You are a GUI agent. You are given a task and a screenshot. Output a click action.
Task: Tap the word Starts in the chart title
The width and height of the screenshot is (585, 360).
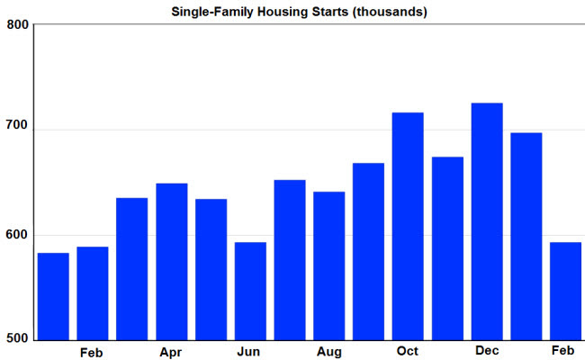coord(332,12)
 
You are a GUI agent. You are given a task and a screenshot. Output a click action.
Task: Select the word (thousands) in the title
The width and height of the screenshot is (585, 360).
coord(391,12)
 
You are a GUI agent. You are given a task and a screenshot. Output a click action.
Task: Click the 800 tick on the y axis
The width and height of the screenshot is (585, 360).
coord(17,24)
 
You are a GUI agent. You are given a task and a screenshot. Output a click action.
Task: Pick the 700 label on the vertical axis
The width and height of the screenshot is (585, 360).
coord(17,125)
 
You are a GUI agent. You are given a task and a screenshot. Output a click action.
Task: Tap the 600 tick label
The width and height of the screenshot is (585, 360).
coord(17,235)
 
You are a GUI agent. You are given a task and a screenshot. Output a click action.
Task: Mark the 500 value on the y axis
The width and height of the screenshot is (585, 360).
coord(17,338)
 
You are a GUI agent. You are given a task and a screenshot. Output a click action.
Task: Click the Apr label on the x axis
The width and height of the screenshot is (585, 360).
coord(171,353)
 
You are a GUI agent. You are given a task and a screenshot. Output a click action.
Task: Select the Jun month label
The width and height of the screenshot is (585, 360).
coord(248,352)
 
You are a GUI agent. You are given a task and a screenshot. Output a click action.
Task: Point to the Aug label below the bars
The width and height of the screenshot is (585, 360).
coord(329,352)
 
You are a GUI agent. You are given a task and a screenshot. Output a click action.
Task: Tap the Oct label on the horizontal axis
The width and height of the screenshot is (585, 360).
coord(408,351)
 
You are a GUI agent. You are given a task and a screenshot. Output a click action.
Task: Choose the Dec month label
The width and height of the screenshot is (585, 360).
coord(487,351)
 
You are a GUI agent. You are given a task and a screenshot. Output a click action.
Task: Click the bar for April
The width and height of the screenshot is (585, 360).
coord(172,262)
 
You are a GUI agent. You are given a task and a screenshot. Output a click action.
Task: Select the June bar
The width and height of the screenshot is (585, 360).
coord(250,292)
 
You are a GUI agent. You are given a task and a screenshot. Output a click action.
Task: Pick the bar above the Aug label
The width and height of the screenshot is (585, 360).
coord(329,266)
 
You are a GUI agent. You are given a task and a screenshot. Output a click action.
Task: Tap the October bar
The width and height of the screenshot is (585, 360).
coord(408,227)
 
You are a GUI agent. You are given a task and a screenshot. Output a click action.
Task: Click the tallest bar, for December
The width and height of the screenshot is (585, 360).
coord(487,221)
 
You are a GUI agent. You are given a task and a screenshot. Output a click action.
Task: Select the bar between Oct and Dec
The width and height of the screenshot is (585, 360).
coord(447,248)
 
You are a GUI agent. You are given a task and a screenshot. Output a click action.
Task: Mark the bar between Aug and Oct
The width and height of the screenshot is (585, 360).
coord(368,252)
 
